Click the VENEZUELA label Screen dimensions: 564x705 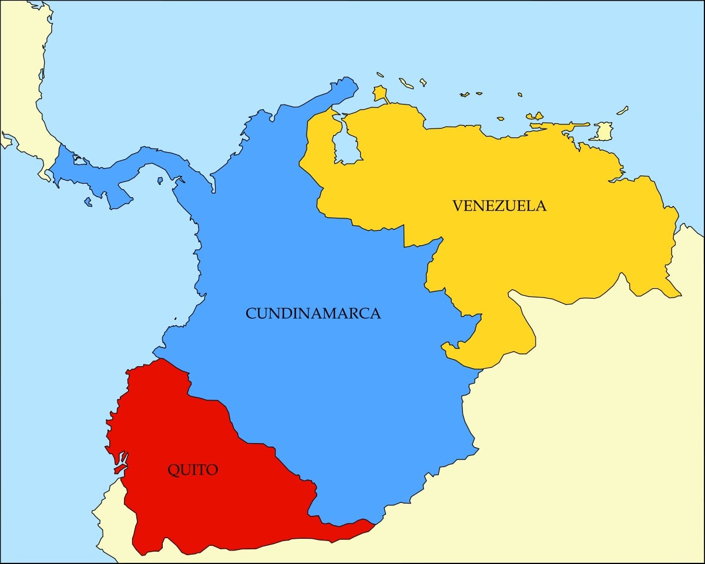(499, 206)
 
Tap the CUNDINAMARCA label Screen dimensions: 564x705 (313, 313)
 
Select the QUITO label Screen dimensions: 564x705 (193, 470)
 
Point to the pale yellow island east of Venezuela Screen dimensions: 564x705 (602, 131)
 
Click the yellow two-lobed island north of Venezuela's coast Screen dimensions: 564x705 (535, 116)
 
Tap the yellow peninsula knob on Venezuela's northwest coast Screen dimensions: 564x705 (381, 94)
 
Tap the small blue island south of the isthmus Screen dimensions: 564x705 (88, 202)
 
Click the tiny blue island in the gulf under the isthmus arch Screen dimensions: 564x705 (160, 181)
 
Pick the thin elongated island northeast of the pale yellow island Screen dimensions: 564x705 (622, 110)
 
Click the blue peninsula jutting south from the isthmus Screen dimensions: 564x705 (120, 197)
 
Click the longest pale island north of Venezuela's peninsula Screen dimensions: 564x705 (406, 83)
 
